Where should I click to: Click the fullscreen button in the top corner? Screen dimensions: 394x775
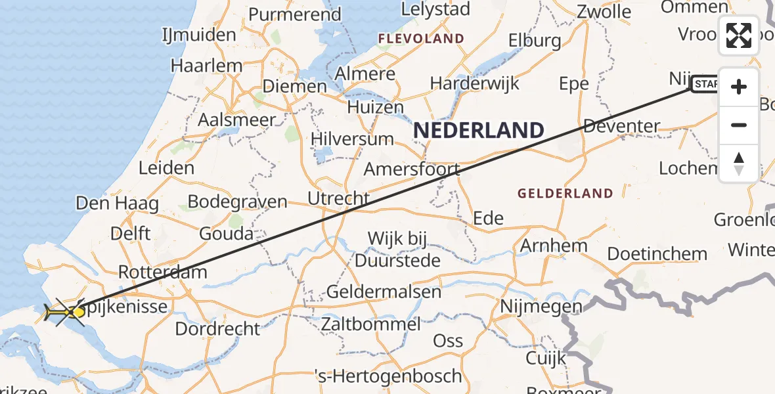739,35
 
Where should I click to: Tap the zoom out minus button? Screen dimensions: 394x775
739,125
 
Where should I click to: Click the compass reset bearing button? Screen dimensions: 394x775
739,164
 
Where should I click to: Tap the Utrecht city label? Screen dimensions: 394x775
338,198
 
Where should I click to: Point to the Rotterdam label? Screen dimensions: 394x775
162,272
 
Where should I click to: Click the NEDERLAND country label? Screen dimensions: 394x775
479,130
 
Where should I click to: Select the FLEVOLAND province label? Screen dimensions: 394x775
421,39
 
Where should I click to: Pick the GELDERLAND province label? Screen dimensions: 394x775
565,194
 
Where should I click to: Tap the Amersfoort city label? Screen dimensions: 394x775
412,169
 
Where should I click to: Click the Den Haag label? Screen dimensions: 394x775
117,204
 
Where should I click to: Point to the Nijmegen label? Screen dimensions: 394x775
541,306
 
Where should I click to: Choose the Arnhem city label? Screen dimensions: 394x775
554,246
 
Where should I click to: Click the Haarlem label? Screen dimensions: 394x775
206,66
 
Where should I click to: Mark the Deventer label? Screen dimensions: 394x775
621,125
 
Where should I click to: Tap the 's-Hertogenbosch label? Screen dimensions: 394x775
389,376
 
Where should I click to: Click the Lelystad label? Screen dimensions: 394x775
435,9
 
